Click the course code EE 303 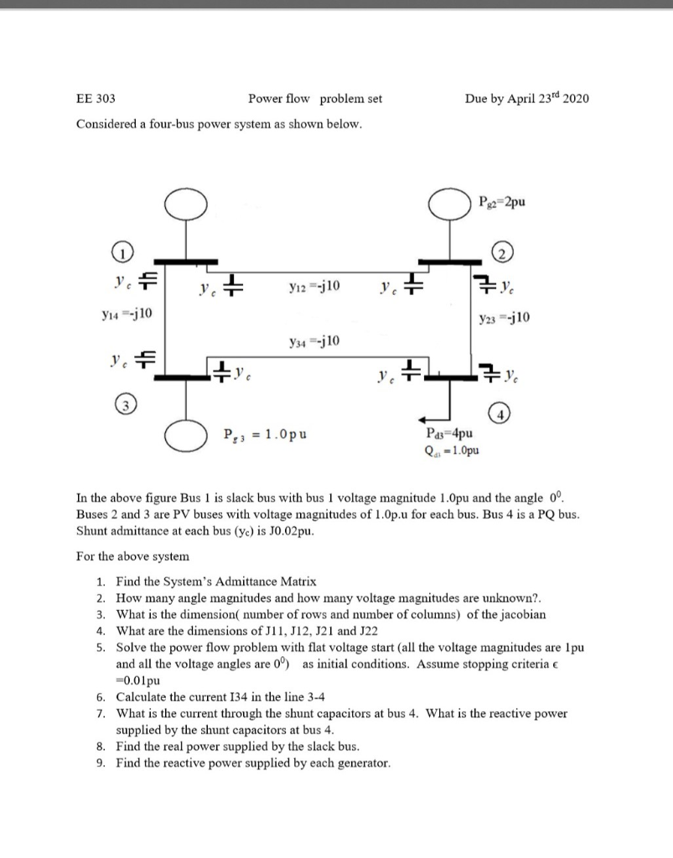pos(96,99)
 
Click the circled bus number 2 pos(502,254)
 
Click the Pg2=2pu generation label pos(502,201)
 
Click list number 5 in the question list pos(100,648)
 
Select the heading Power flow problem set pos(315,99)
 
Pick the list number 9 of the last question pos(100,762)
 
